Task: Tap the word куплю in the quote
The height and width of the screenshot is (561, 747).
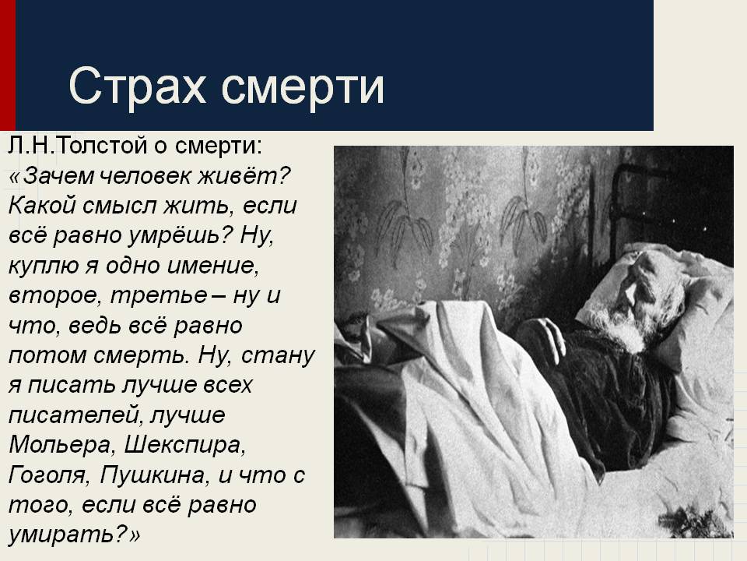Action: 43,266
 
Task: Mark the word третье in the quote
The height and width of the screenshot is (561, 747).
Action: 159,296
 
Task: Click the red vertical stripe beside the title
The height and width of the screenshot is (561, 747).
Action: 8,65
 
